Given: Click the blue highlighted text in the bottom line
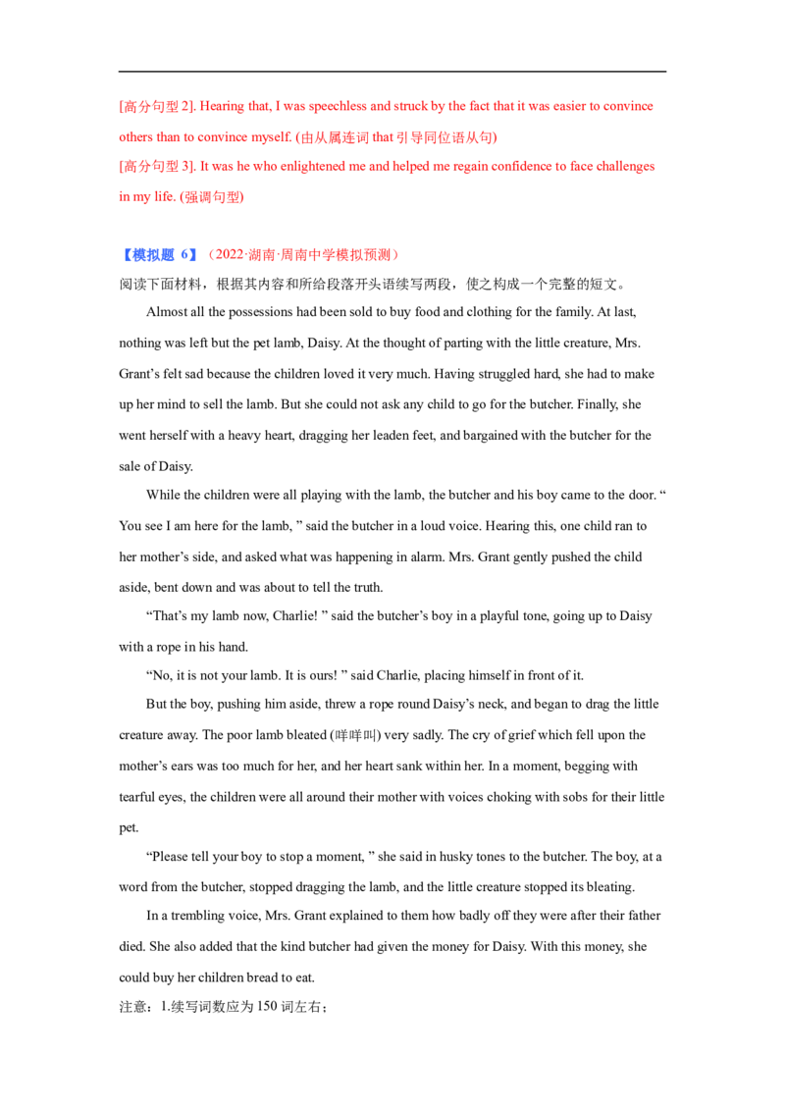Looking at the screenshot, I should [x=147, y=256].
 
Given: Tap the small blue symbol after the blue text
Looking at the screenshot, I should [x=192, y=257].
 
